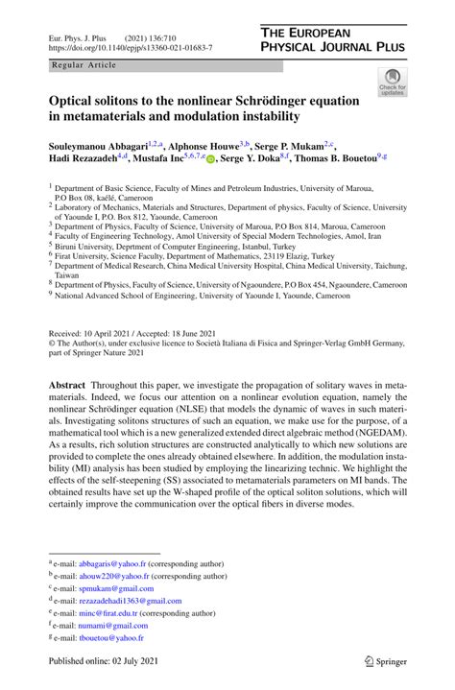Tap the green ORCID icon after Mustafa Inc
(211, 159)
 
